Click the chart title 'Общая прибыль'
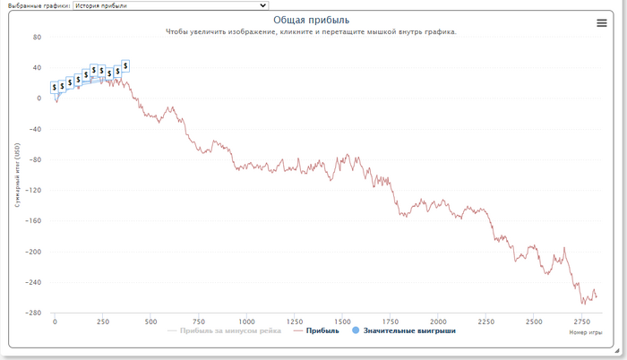tap(312, 20)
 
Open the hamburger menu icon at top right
tap(602, 23)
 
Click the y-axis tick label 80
tap(37, 38)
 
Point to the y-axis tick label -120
tap(34, 191)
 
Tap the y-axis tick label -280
tap(34, 313)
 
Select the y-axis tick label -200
tap(34, 252)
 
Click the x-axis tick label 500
tap(150, 321)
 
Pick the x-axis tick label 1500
tap(342, 321)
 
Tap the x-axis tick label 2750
tap(581, 321)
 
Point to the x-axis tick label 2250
tap(485, 321)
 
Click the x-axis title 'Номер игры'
tap(587, 333)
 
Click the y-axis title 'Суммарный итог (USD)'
tap(18, 175)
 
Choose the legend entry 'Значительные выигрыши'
tap(408, 330)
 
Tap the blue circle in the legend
tap(356, 330)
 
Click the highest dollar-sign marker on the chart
tap(125, 65)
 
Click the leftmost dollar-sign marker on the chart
tap(55, 88)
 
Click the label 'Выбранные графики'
tap(36, 5)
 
